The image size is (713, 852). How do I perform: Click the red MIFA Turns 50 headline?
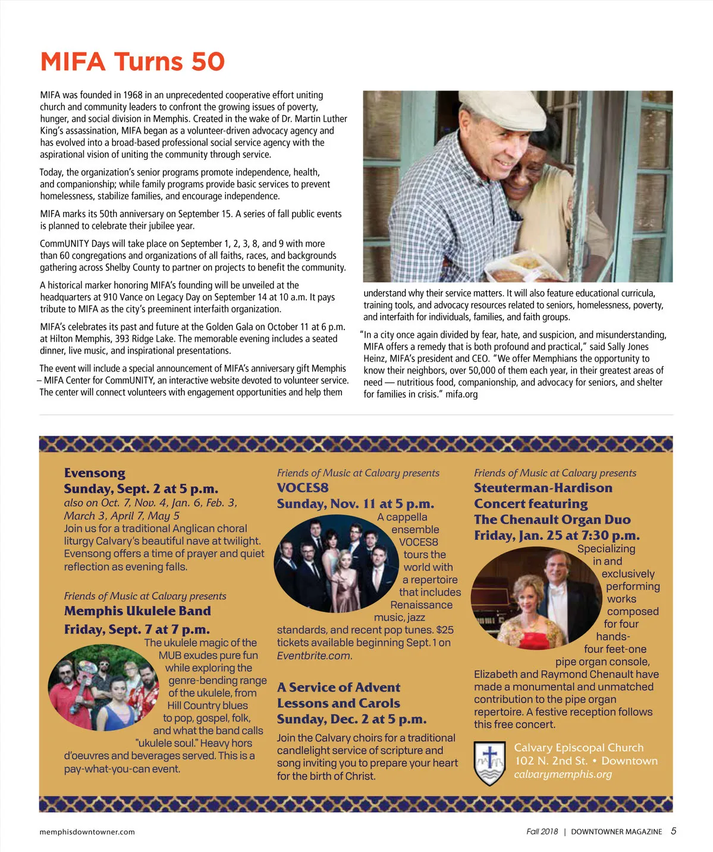[132, 62]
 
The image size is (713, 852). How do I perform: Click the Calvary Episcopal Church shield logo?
[489, 762]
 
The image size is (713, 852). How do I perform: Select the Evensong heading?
[95, 473]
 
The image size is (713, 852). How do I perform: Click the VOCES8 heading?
[302, 488]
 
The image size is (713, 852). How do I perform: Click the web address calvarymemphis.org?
[563, 774]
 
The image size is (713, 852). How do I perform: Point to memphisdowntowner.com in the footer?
[87, 832]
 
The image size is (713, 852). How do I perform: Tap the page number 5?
[673, 831]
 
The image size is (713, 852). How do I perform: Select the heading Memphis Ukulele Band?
[137, 611]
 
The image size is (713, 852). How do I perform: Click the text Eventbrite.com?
[314, 656]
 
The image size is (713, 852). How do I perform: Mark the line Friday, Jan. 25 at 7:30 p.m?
[557, 536]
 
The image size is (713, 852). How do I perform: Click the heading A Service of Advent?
[338, 688]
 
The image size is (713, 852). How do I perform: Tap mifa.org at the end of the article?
[461, 394]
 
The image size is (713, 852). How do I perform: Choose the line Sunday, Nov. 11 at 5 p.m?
[355, 504]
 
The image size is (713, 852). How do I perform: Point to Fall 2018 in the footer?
[542, 832]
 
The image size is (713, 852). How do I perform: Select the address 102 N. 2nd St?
[551, 761]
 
